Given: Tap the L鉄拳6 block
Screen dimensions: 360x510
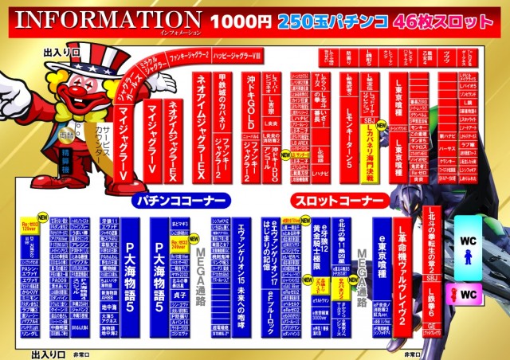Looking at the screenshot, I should coord(450,302).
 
